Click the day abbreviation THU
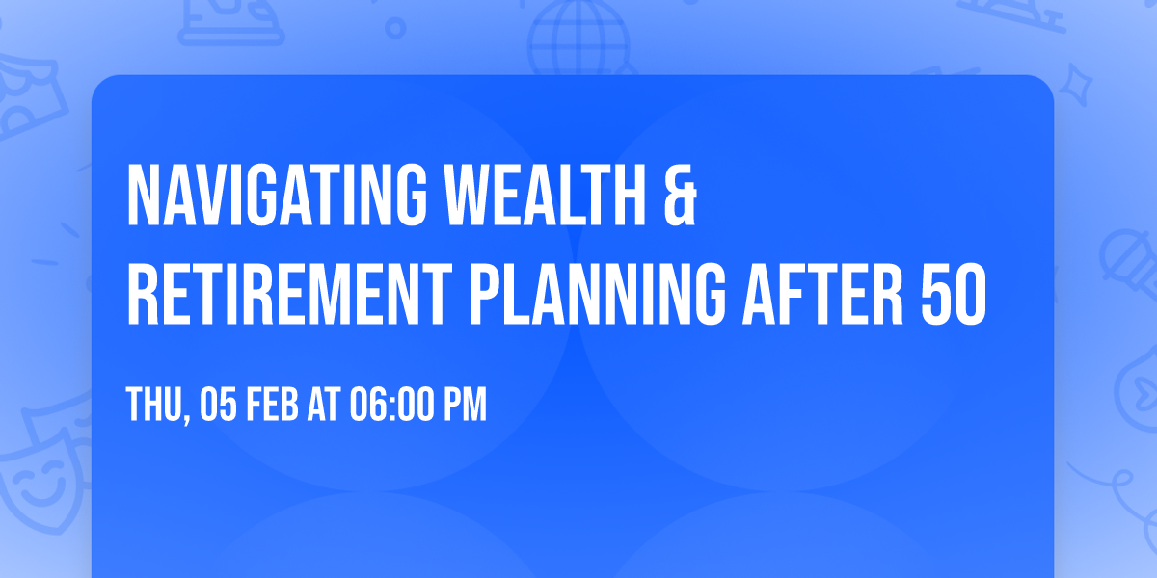tap(154, 406)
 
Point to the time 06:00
tap(395, 406)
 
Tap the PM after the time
tap(465, 406)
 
